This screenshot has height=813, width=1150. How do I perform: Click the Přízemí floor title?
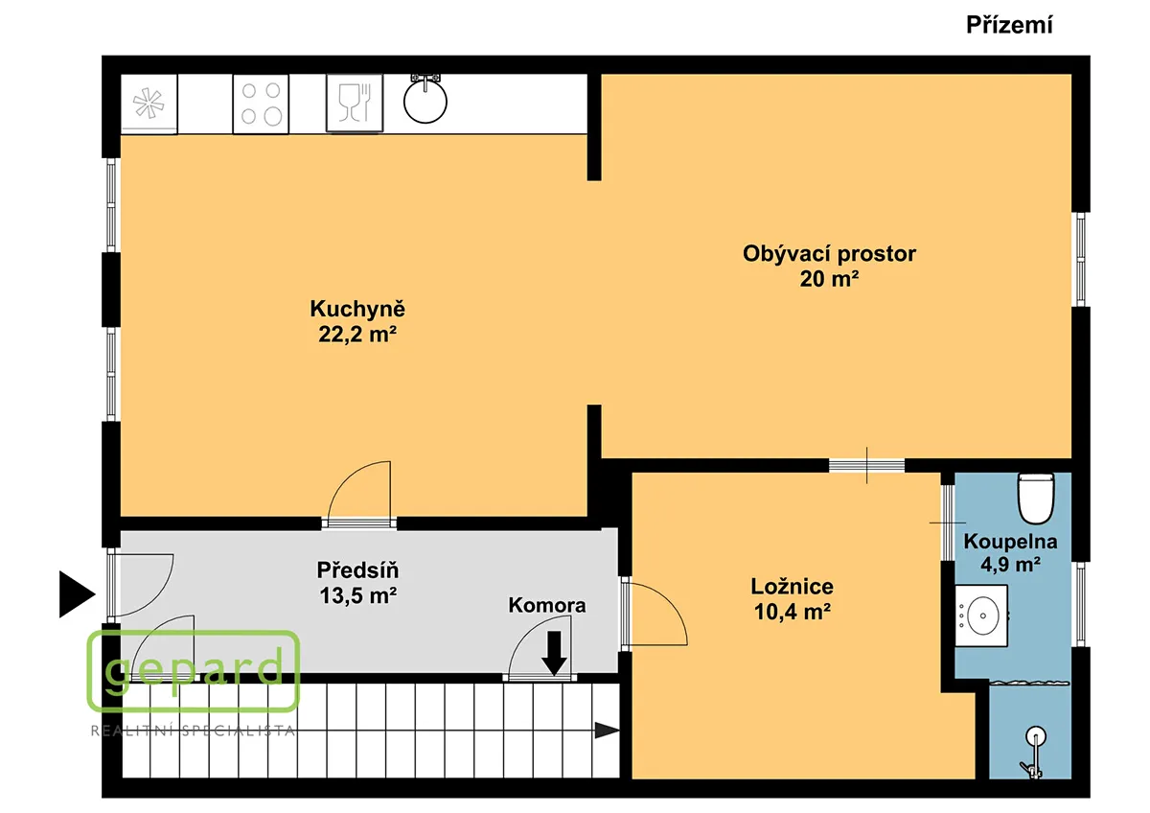pos(1009,25)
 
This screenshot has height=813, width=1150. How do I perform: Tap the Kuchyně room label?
pos(357,309)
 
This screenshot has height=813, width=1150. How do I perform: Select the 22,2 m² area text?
pos(357,335)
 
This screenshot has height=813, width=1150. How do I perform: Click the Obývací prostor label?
pos(829,254)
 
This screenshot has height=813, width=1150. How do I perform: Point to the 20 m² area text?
pos(829,279)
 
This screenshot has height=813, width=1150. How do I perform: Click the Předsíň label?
pos(357,569)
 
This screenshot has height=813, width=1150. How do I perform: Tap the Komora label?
pos(547,605)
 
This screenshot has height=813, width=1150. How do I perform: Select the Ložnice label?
pos(793,587)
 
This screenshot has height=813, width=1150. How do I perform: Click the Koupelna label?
pos(1010,542)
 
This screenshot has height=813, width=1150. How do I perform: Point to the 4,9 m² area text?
pos(1010,565)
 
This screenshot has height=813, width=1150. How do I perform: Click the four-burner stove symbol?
pos(261,105)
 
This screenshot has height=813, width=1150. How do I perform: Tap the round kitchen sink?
pos(425,102)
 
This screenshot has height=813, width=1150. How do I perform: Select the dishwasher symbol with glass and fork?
pos(355,103)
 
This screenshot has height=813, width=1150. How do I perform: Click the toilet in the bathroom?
pos(1036,499)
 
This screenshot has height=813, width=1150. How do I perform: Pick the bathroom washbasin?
pos(981,616)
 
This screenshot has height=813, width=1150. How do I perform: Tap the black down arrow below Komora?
pos(554,653)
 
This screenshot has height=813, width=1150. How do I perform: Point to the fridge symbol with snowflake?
pos(149,105)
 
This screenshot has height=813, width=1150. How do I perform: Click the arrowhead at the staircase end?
pos(608,731)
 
